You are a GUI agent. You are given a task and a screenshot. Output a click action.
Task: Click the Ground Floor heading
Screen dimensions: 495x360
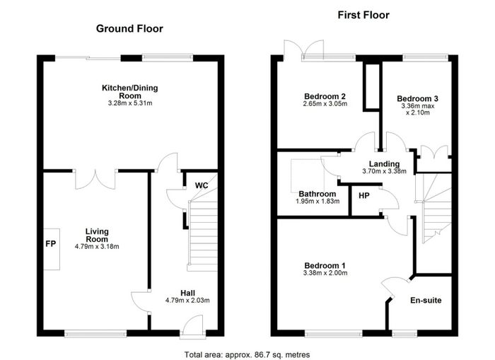pos(129,29)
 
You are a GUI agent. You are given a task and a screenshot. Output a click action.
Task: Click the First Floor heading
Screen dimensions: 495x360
pos(363,15)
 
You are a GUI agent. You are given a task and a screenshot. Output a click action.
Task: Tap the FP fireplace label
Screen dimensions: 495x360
pos(50,243)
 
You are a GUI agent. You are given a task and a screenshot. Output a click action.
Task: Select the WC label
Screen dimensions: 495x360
pos(202,185)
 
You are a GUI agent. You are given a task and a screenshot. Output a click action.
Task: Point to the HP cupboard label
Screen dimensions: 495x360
pos(364,196)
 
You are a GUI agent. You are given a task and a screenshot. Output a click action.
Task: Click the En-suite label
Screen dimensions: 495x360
pos(426,300)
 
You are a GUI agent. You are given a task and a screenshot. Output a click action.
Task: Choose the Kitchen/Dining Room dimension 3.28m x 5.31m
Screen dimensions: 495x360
pos(130,103)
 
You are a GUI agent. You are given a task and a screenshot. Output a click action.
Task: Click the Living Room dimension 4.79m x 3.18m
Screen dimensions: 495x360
pos(97,246)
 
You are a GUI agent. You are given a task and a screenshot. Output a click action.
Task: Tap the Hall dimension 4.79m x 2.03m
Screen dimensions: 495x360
pos(187,301)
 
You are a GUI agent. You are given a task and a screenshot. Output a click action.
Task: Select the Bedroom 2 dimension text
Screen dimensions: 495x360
pos(325,103)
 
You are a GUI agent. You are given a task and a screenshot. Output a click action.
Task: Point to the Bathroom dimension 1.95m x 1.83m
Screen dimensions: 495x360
pos(318,201)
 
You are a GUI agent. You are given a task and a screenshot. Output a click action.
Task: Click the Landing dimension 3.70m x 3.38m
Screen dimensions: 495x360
pos(384,171)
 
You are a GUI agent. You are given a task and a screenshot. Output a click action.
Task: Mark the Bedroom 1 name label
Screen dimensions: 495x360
pos(325,265)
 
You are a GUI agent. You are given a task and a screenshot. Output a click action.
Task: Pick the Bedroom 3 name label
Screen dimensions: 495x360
pos(417,98)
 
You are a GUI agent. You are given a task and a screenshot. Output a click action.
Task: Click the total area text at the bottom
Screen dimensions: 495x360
pos(248,354)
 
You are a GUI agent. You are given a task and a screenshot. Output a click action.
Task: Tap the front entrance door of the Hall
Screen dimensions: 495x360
pos(192,327)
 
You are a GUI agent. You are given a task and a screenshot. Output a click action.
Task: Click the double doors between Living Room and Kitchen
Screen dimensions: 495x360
pos(95,180)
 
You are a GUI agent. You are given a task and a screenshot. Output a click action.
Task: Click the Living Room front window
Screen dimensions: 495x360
pos(95,333)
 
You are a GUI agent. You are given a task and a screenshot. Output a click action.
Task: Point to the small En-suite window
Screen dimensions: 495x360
pos(404,333)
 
